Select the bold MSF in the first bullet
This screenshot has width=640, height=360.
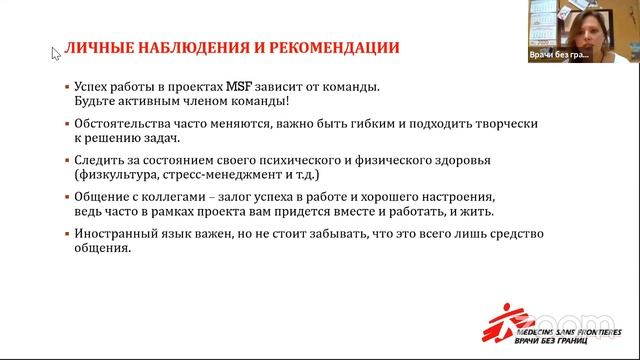(248, 87)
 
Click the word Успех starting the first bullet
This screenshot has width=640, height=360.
(94, 87)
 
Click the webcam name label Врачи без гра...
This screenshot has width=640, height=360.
(559, 56)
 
